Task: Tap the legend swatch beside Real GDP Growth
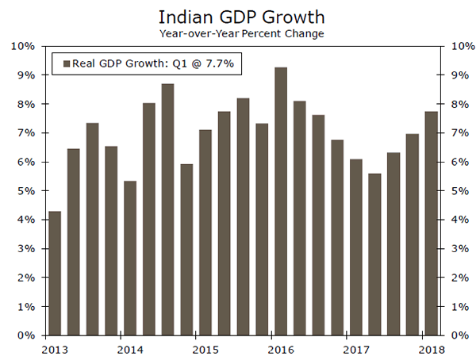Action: point(66,64)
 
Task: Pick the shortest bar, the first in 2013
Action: point(55,273)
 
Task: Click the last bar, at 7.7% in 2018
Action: point(431,223)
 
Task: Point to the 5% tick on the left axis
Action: point(25,190)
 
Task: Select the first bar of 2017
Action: point(355,247)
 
